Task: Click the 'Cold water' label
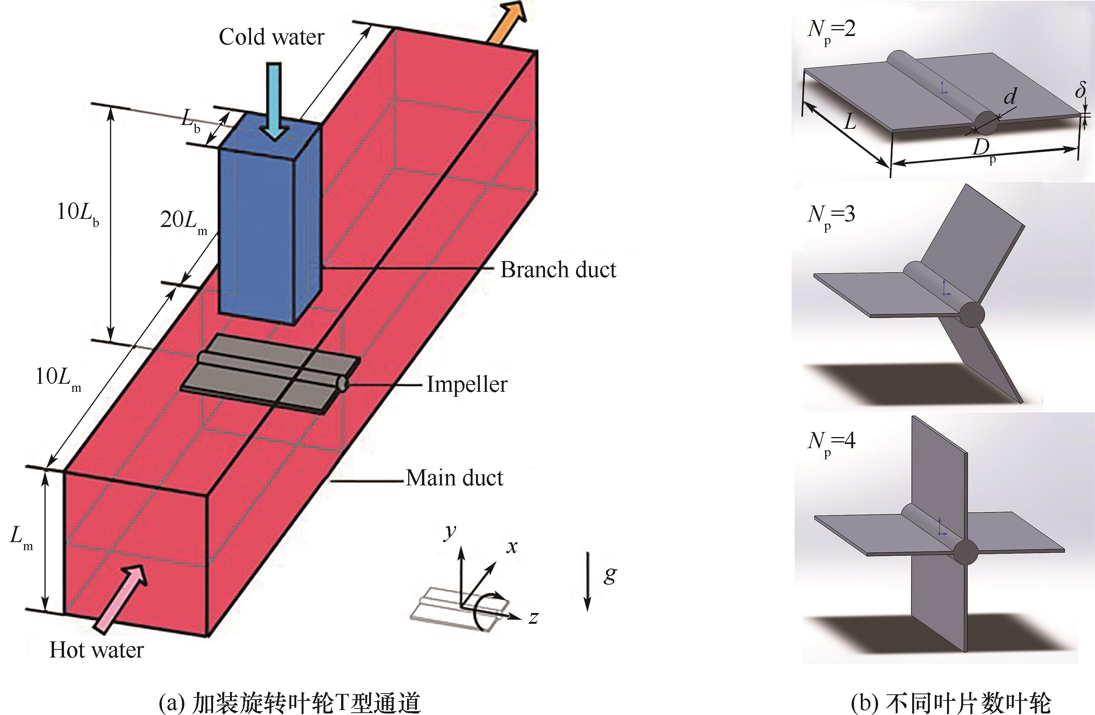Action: pos(271,37)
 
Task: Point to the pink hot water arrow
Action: pos(121,600)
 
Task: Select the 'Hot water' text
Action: pos(97,650)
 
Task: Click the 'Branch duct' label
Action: pos(558,270)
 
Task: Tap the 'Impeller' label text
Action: pos(467,384)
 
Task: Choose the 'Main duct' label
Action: pos(455,478)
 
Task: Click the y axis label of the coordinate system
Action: pos(450,531)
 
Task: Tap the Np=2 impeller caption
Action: pos(831,30)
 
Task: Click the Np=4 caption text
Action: pos(831,442)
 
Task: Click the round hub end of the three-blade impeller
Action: pos(972,315)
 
